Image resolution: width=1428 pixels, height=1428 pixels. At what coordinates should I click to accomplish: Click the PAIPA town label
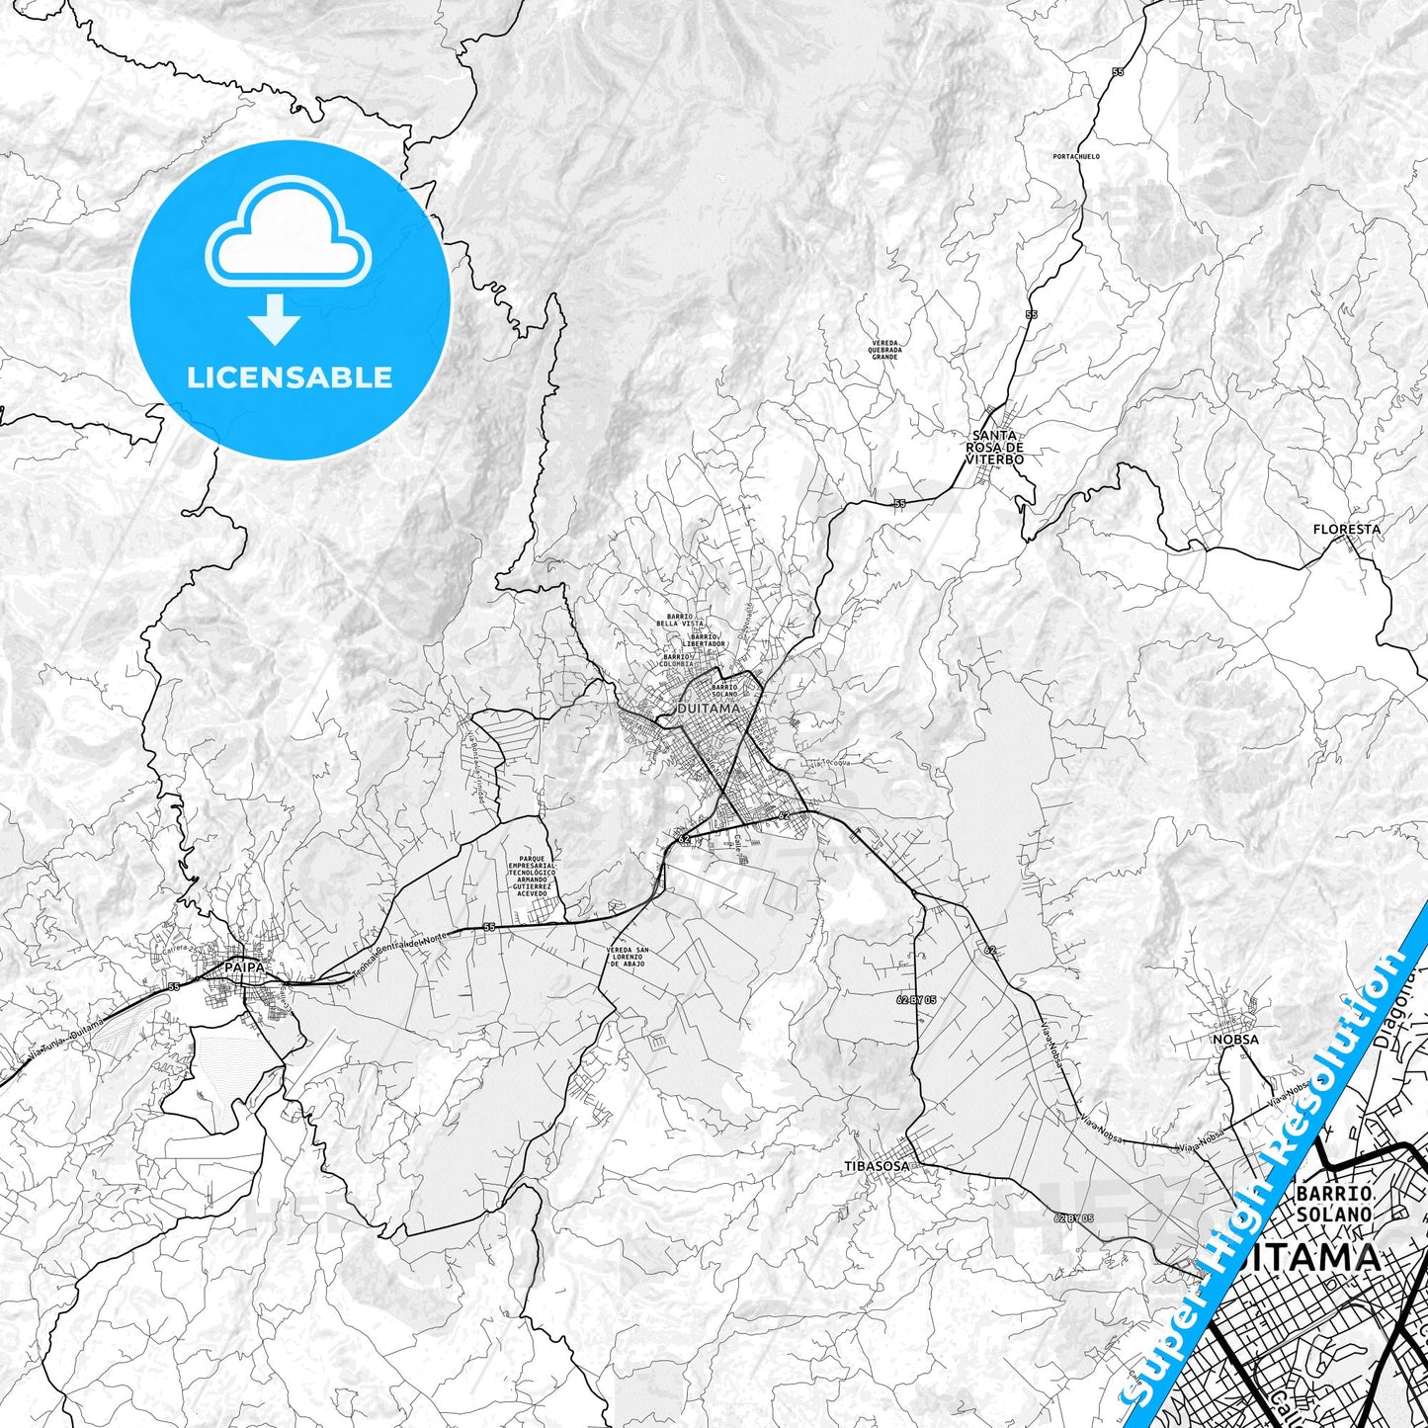tap(243, 966)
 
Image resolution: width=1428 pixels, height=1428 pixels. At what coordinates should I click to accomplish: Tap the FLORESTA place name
tap(1346, 530)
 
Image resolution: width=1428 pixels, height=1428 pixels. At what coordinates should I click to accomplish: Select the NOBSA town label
tap(1235, 1040)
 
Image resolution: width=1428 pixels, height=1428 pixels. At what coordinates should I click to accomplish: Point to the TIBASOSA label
tap(877, 1166)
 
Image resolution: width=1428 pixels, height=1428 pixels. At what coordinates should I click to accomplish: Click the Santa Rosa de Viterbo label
tap(995, 448)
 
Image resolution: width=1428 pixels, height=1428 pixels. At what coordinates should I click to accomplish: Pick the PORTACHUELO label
tap(1076, 156)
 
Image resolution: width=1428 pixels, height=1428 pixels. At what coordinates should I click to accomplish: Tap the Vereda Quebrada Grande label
tap(884, 349)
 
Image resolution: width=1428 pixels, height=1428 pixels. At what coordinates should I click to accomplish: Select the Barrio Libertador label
tap(708, 639)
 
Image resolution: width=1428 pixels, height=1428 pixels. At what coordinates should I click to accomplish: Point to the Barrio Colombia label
tap(677, 660)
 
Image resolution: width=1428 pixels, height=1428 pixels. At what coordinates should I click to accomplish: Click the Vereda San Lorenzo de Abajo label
tap(626, 956)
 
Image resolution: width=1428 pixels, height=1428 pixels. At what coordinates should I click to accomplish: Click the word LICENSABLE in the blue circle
tap(290, 378)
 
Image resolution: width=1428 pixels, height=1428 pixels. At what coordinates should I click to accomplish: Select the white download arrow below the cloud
tap(275, 319)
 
